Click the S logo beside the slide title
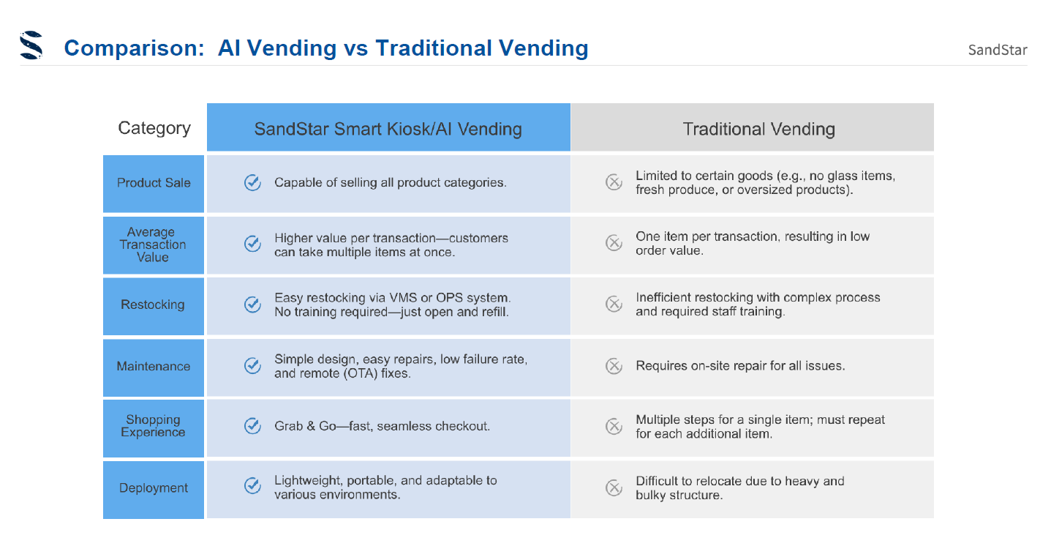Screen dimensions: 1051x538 tap(31, 45)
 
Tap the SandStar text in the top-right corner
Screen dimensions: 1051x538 tap(998, 50)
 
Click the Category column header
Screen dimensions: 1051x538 tap(154, 127)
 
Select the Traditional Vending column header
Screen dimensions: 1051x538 tap(758, 129)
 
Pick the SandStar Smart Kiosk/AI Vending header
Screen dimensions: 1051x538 tap(388, 129)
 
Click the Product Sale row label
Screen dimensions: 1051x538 tap(154, 182)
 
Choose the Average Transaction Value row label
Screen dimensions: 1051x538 tap(153, 244)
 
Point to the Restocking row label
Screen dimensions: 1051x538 tap(153, 305)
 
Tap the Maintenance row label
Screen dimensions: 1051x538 tap(154, 366)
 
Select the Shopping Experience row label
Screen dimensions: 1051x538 tap(153, 426)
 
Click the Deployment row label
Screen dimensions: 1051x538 tap(154, 487)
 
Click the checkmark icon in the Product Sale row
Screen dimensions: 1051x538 tap(252, 182)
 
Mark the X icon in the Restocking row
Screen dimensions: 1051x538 tap(614, 304)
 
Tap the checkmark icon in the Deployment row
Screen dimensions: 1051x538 tap(252, 486)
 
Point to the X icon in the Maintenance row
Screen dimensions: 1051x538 tap(614, 366)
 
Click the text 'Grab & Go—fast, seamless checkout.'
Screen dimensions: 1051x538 tap(382, 426)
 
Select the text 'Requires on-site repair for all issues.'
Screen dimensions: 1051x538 tap(740, 366)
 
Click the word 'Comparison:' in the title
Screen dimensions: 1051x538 tap(134, 48)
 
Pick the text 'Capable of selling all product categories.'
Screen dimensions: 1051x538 tap(391, 182)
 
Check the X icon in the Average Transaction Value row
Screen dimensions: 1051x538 tap(614, 243)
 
